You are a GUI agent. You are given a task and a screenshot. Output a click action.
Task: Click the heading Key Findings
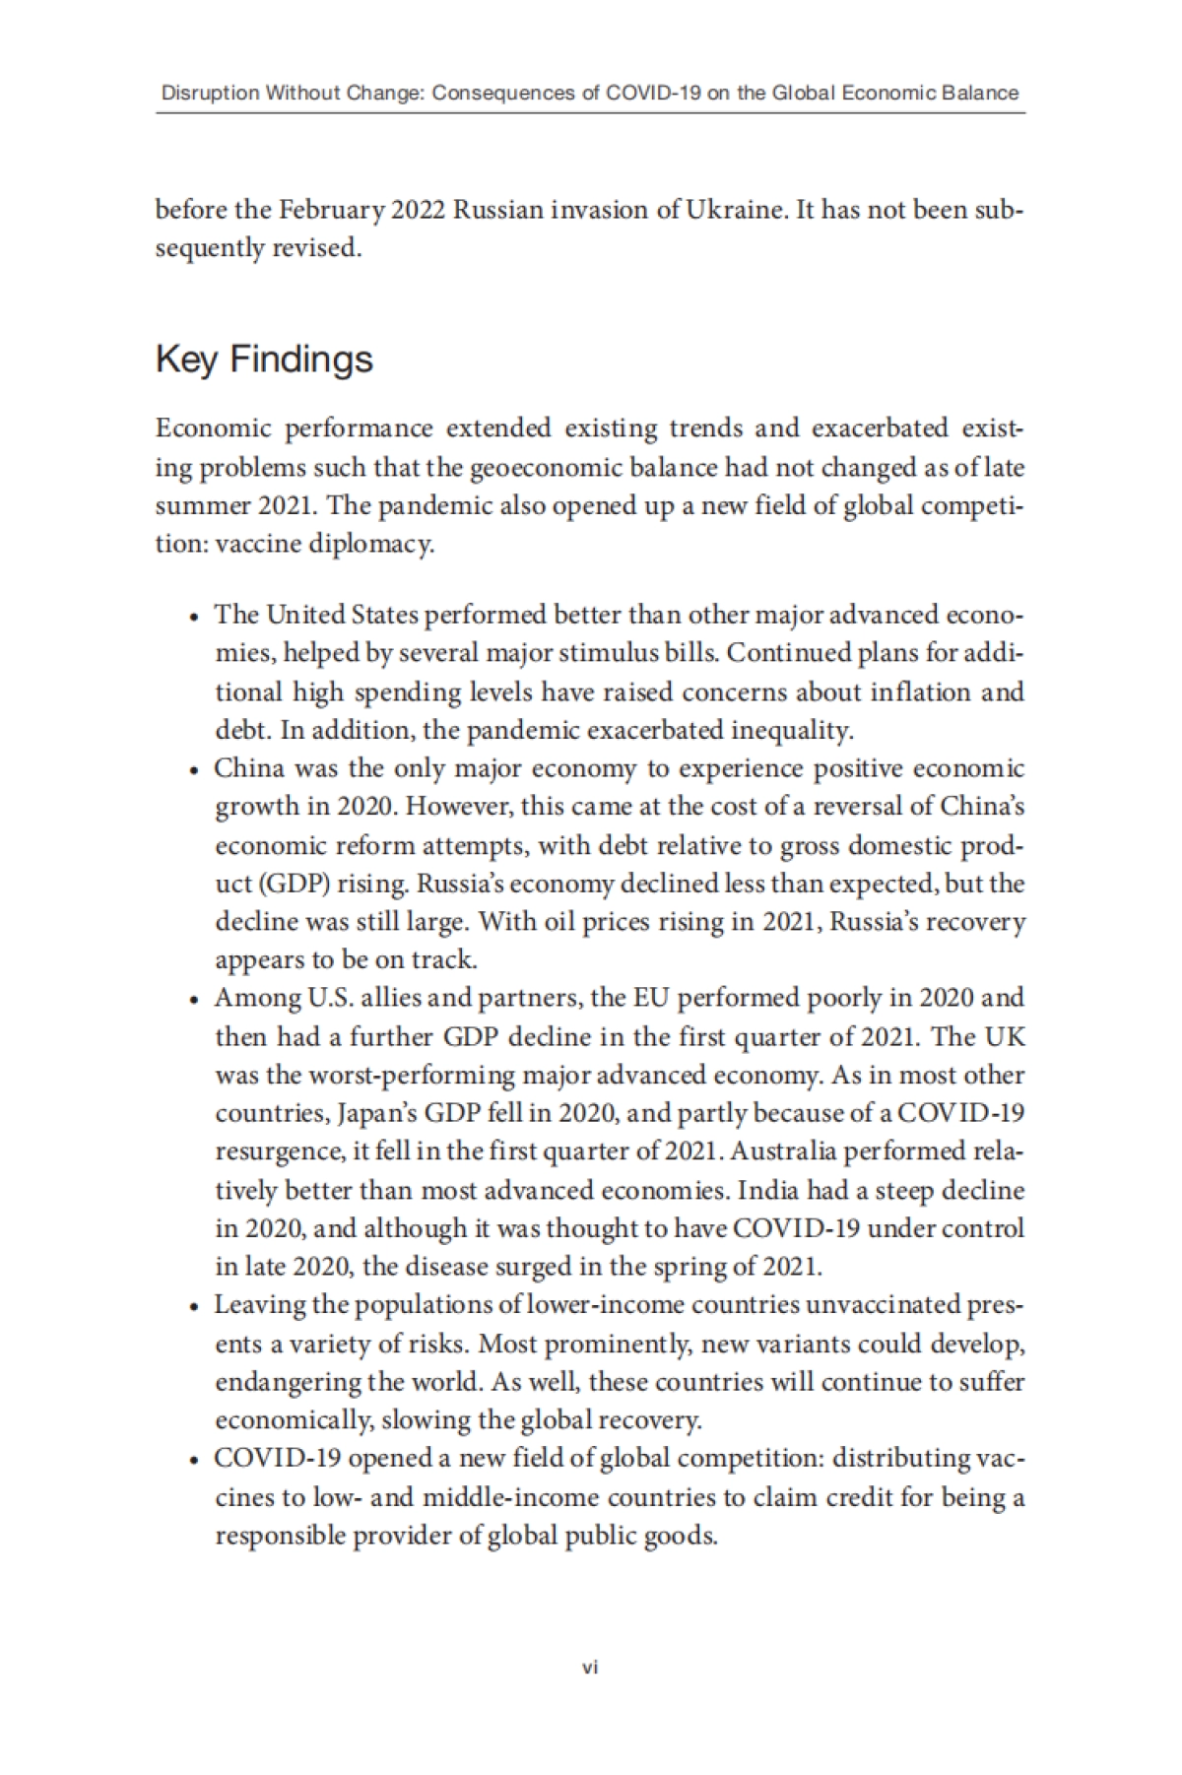pos(264,360)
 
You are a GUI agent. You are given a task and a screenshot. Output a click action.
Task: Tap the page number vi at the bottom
pos(590,1668)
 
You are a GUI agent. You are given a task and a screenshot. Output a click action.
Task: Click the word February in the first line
pos(332,210)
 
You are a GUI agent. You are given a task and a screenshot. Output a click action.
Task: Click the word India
pos(767,1190)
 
